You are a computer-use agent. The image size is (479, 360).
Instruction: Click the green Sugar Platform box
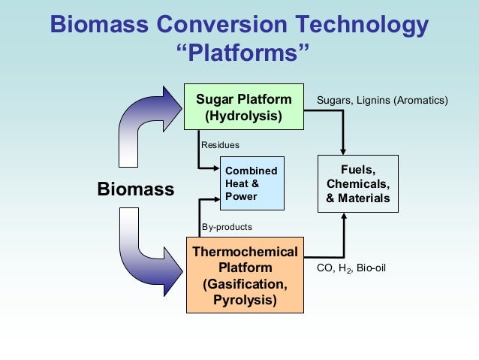[244, 107]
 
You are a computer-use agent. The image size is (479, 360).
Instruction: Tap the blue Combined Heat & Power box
[252, 183]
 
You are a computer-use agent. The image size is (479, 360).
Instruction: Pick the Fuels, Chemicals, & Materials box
[358, 184]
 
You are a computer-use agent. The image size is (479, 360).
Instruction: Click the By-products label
[227, 226]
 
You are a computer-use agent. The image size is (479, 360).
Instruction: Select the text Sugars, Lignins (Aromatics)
[382, 100]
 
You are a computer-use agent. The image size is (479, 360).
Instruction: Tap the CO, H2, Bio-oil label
[352, 268]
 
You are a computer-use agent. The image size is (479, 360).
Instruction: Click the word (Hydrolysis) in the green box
[244, 116]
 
